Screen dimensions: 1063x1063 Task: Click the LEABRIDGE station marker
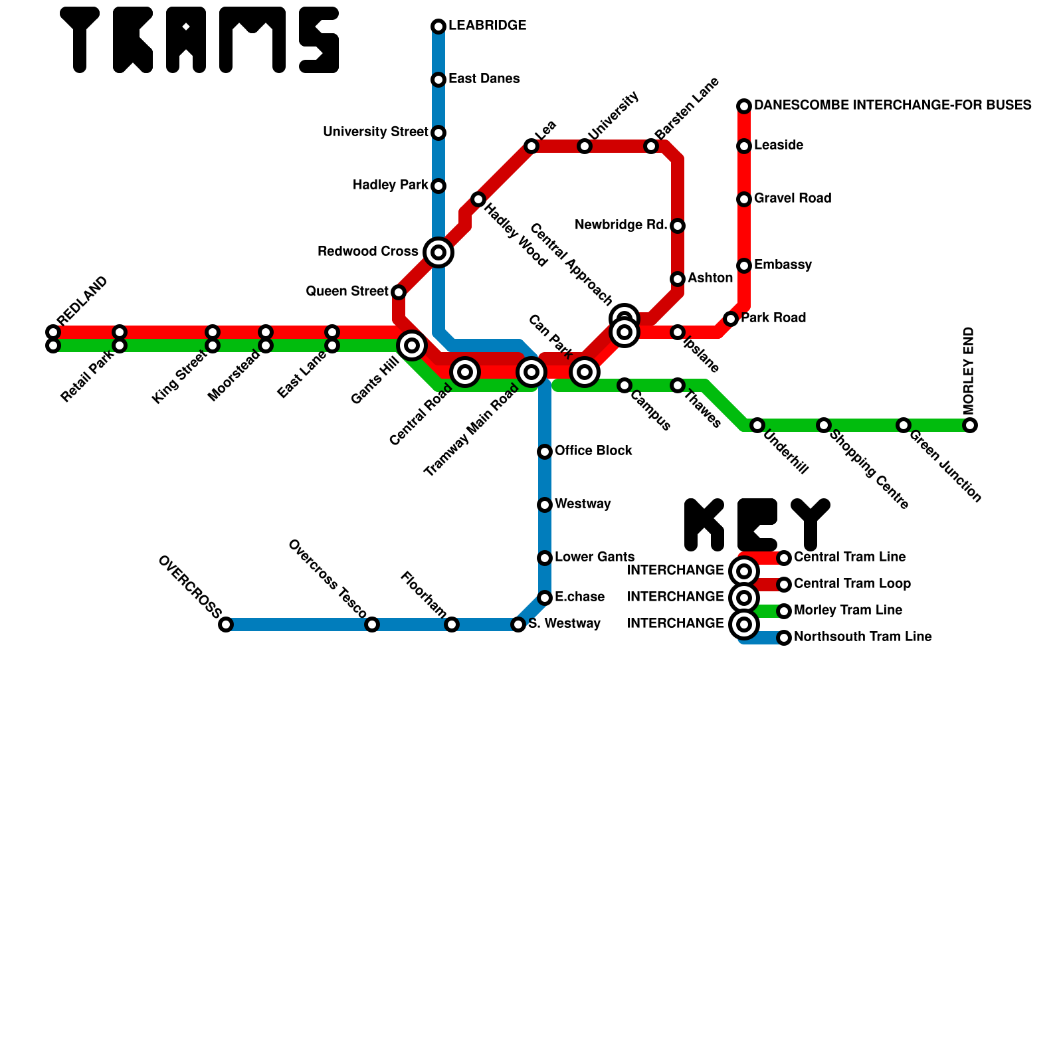pyautogui.click(x=438, y=27)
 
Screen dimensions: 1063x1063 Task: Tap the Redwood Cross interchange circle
pyautogui.click(x=438, y=252)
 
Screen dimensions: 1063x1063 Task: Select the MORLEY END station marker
pyautogui.click(x=970, y=425)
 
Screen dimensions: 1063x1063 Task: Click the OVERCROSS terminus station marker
pyautogui.click(x=226, y=625)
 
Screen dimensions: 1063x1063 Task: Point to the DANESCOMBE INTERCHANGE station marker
pyautogui.click(x=744, y=106)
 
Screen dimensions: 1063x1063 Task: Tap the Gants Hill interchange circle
pyautogui.click(x=412, y=345)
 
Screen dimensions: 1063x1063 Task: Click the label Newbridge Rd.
pyautogui.click(x=621, y=225)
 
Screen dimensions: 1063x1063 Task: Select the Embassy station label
pyautogui.click(x=783, y=265)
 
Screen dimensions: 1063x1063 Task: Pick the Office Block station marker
pyautogui.click(x=545, y=452)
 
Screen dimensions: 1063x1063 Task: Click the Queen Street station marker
pyautogui.click(x=399, y=292)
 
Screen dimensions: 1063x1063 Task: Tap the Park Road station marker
pyautogui.click(x=731, y=319)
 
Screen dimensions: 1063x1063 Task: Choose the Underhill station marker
pyautogui.click(x=757, y=425)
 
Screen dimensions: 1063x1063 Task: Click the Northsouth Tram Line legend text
pyautogui.click(x=862, y=637)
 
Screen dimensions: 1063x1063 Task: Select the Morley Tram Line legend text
pyautogui.click(x=848, y=611)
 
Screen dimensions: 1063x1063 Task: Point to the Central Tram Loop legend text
pyautogui.click(x=852, y=584)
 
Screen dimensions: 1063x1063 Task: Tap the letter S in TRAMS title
pyautogui.click(x=319, y=40)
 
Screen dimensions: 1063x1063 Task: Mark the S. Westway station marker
pyautogui.click(x=518, y=625)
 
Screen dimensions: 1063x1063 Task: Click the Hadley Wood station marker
pyautogui.click(x=478, y=199)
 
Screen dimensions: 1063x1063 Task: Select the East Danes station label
pyautogui.click(x=484, y=79)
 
